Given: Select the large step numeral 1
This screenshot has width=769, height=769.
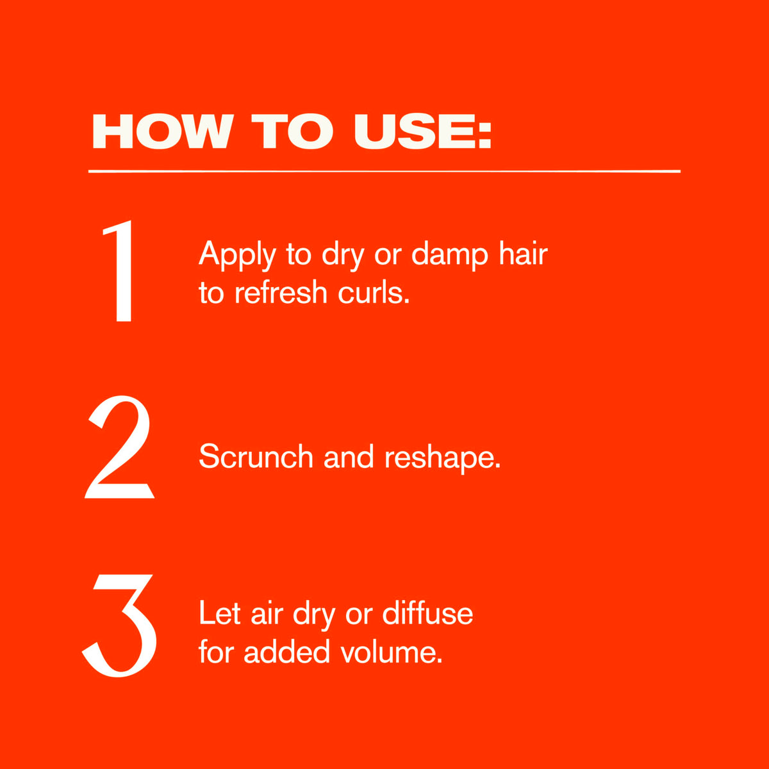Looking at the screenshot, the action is pyautogui.click(x=119, y=271).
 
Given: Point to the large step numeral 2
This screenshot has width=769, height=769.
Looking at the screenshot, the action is pyautogui.click(x=119, y=447).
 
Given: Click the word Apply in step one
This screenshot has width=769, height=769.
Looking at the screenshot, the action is pyautogui.click(x=238, y=255).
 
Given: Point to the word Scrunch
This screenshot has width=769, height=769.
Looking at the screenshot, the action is pyautogui.click(x=256, y=456).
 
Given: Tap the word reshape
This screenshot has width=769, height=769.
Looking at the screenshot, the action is pyautogui.click(x=442, y=458).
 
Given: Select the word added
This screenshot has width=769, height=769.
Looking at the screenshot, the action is pyautogui.click(x=286, y=651).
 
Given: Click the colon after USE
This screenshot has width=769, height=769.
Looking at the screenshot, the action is pyautogui.click(x=484, y=137).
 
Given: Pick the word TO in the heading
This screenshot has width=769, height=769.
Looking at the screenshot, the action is pyautogui.click(x=292, y=131).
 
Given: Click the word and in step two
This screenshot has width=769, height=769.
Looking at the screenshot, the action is pyautogui.click(x=349, y=456).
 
